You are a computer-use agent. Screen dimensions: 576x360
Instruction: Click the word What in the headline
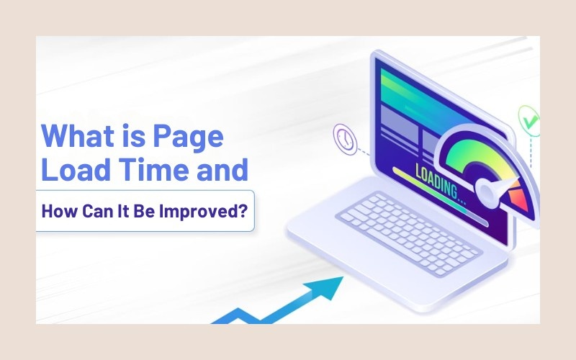pos(78,135)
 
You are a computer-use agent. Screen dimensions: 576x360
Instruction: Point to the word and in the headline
pos(222,169)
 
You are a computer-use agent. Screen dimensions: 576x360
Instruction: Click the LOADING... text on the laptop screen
pos(440,184)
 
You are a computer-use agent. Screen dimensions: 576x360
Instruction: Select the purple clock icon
pos(345,139)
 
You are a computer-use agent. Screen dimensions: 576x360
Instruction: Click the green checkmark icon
pos(529,121)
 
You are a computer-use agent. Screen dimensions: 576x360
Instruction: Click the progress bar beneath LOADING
pos(440,197)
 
